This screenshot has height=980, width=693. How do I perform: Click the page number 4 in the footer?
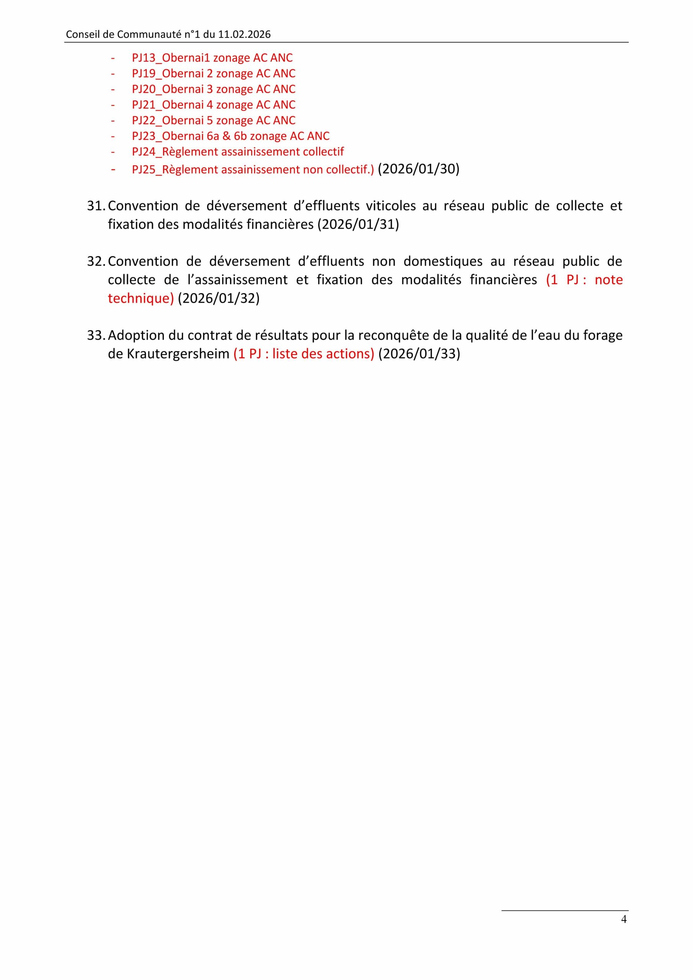click(623, 931)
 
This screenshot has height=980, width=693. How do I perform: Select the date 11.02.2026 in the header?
click(244, 34)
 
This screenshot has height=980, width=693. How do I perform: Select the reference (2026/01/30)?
click(418, 169)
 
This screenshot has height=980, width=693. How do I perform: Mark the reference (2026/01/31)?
click(358, 224)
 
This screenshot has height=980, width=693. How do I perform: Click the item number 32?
click(96, 261)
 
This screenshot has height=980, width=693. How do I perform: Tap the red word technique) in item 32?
click(141, 298)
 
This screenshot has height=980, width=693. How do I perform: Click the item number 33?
click(96, 335)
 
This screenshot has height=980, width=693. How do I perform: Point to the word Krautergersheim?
click(178, 354)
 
